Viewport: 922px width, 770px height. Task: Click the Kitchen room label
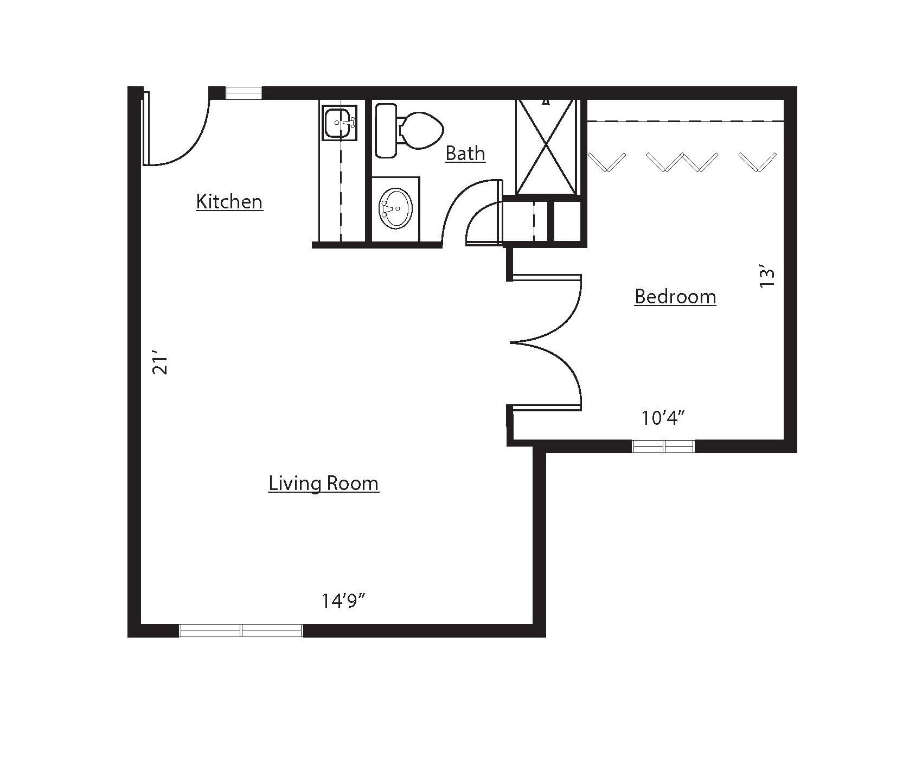pyautogui.click(x=229, y=202)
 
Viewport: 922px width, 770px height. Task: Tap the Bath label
pyautogui.click(x=465, y=154)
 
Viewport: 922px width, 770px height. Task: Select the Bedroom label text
pyautogui.click(x=675, y=297)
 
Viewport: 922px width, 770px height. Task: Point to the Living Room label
pyautogui.click(x=324, y=483)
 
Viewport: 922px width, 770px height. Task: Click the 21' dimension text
pyautogui.click(x=161, y=365)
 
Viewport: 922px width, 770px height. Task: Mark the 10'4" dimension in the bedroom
pyautogui.click(x=663, y=418)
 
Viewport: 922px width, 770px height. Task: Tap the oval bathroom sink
pyautogui.click(x=395, y=208)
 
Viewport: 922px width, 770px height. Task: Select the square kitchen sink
pyautogui.click(x=340, y=123)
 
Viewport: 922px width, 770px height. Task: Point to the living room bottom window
pyautogui.click(x=241, y=630)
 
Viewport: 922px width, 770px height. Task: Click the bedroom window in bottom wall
pyautogui.click(x=663, y=446)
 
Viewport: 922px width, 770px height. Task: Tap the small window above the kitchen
pyautogui.click(x=244, y=93)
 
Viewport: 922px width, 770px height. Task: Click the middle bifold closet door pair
pyautogui.click(x=682, y=162)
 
